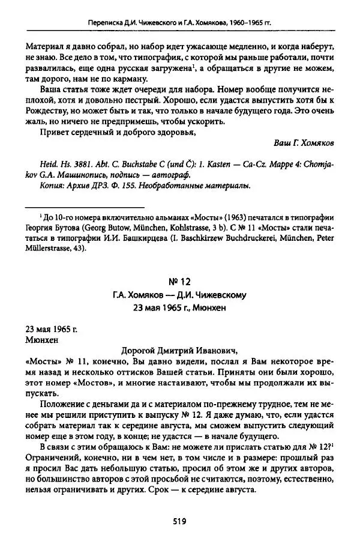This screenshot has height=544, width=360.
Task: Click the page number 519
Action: [179, 522]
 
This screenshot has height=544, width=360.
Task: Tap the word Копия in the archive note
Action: [47, 186]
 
